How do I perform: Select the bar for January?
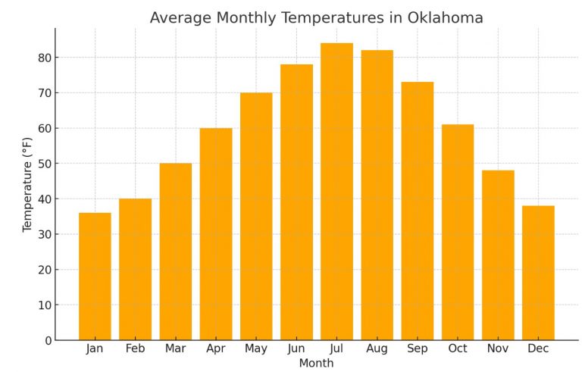coord(95,277)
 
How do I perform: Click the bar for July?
coord(336,192)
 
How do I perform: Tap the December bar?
coord(538,273)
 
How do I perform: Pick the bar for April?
coord(216,234)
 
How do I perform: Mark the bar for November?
coord(498,255)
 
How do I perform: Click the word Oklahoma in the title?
coord(446,18)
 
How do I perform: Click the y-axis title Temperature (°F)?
coord(28,184)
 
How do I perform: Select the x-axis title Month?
coord(316,363)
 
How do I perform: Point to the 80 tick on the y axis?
coord(45,58)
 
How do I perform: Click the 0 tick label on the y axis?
coord(48,340)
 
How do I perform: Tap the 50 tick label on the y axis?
coord(45,164)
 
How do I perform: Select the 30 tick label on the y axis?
coord(45,234)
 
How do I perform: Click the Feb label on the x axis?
coord(135,349)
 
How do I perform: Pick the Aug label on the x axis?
coord(377,349)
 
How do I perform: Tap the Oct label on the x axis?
coord(458,349)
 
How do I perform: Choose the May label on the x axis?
coord(256,349)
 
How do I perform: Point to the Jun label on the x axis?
coord(296,349)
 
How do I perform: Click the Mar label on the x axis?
coord(175,349)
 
